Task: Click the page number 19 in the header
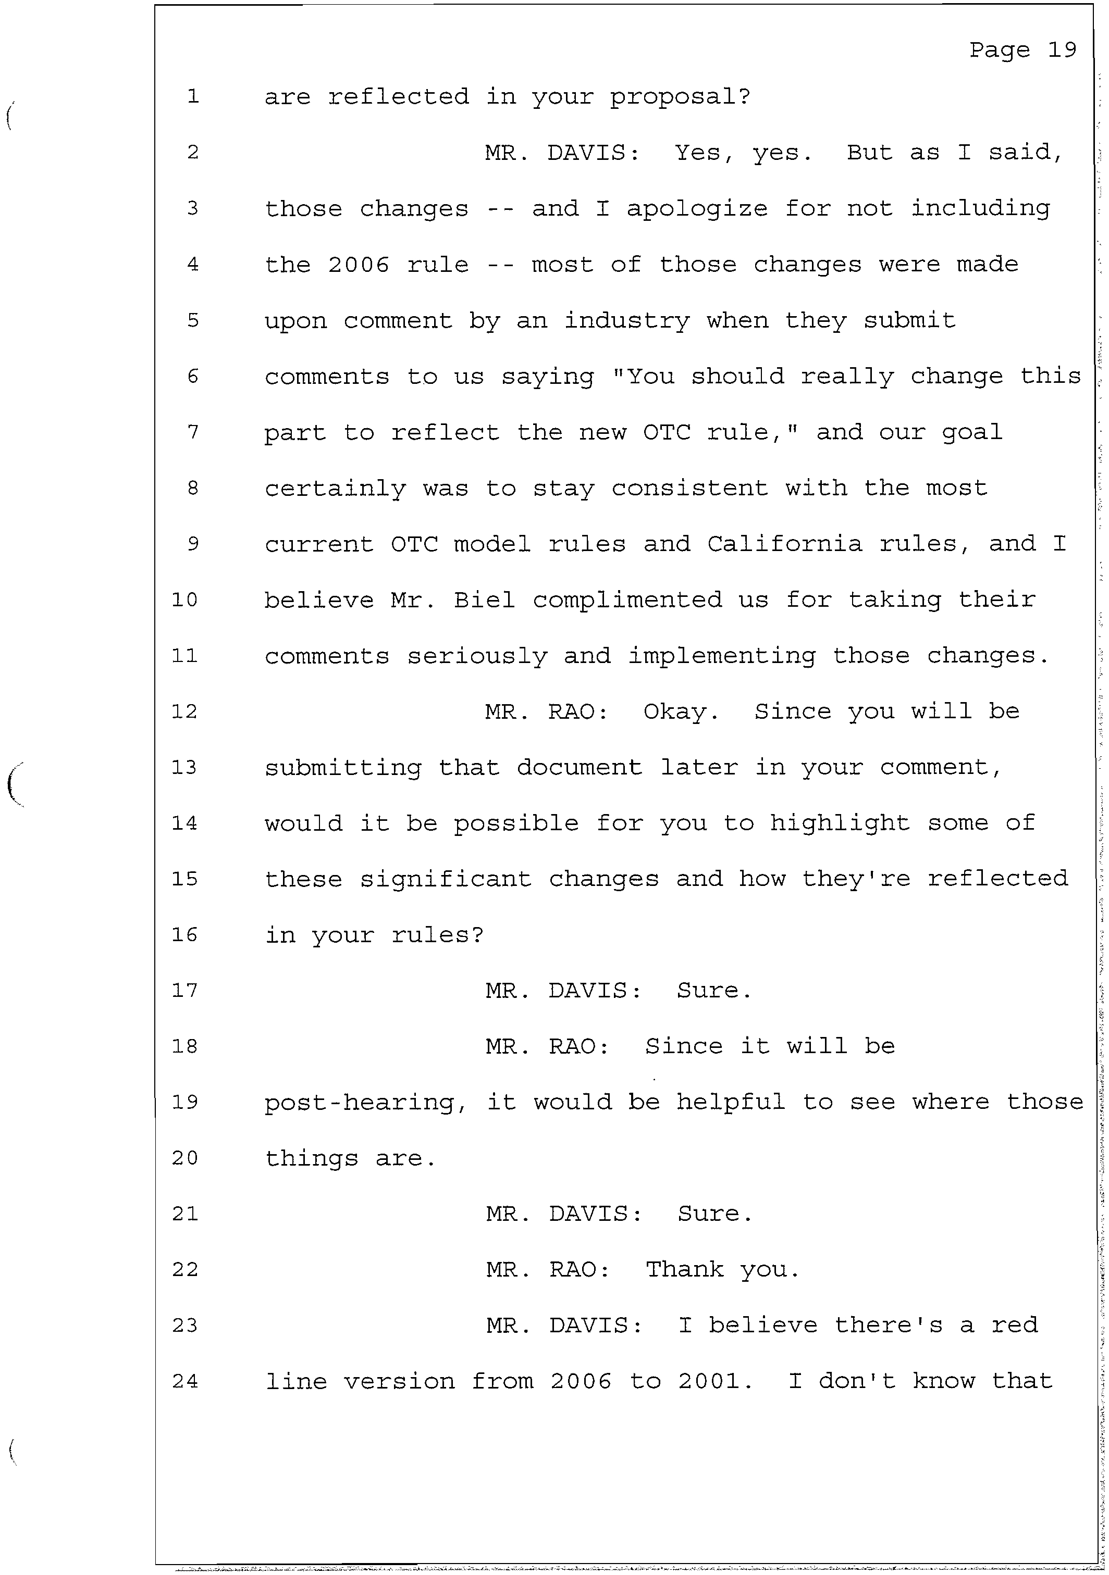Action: point(1062,50)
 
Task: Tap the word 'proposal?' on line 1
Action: point(680,97)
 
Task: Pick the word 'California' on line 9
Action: point(784,544)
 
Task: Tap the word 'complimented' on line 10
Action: point(627,600)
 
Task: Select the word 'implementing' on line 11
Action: point(722,656)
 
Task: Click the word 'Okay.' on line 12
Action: point(681,712)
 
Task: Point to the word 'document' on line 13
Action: point(579,768)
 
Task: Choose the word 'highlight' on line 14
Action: point(839,823)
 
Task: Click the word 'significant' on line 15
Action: point(446,879)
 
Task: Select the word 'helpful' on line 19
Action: point(730,1103)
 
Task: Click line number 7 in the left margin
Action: point(193,432)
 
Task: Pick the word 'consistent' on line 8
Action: point(689,489)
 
